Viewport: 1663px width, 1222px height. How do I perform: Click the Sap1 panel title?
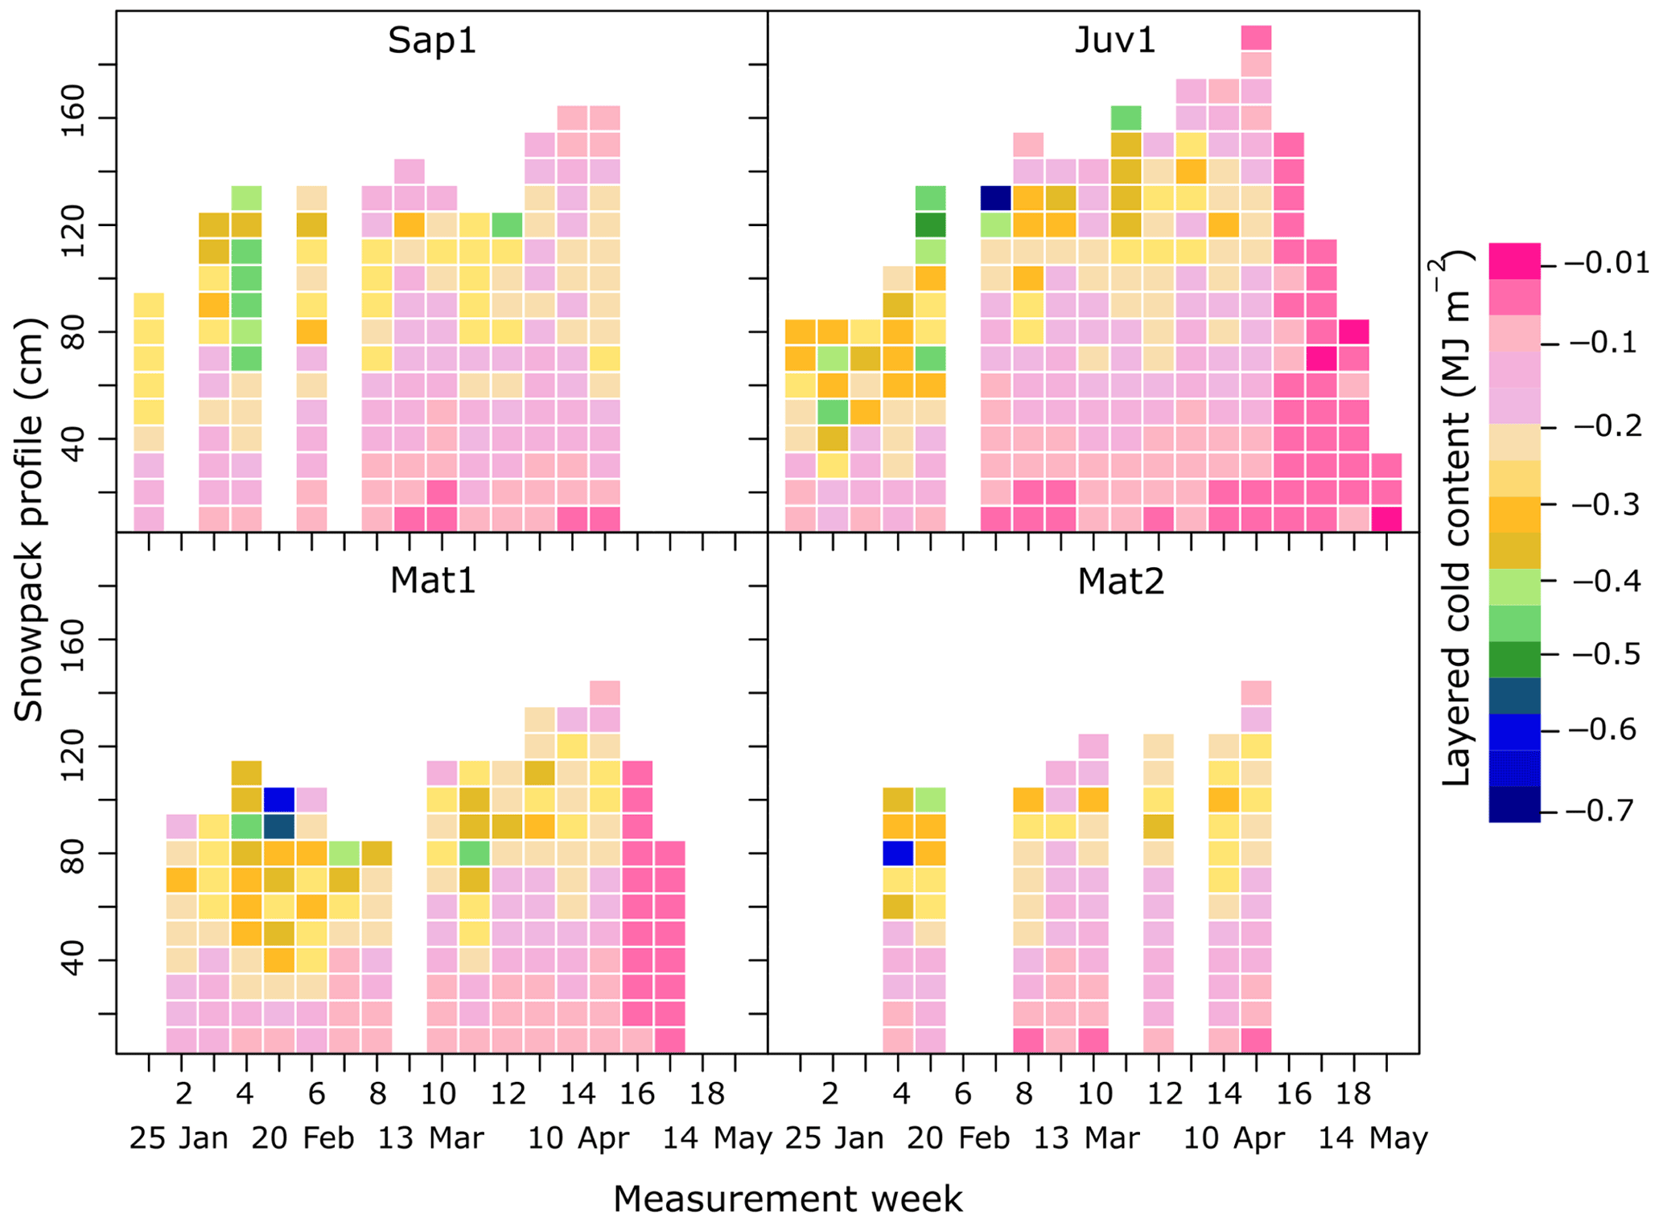pos(432,40)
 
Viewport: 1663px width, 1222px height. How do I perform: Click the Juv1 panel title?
pos(1115,40)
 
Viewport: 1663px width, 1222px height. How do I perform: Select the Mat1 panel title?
pos(433,580)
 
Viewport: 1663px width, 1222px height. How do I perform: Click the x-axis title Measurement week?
pos(787,1199)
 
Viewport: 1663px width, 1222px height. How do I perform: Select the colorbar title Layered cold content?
pos(1456,519)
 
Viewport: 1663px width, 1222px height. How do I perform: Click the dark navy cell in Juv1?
pos(995,198)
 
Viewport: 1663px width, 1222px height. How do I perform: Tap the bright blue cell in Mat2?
pos(898,853)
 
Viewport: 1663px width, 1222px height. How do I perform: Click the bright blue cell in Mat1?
pos(279,800)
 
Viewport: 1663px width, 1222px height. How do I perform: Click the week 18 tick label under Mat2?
pos(1353,1094)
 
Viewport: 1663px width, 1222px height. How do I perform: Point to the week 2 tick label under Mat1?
pos(183,1094)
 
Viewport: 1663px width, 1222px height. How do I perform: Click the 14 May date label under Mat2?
pos(1373,1138)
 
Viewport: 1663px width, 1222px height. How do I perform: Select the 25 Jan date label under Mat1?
pos(179,1138)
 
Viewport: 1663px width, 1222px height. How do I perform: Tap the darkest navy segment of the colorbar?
pos(1514,804)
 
